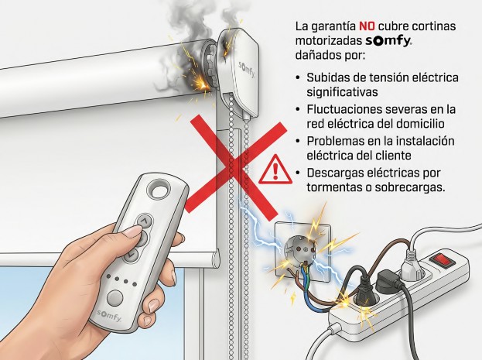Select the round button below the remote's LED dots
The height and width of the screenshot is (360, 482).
click(115, 297)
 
